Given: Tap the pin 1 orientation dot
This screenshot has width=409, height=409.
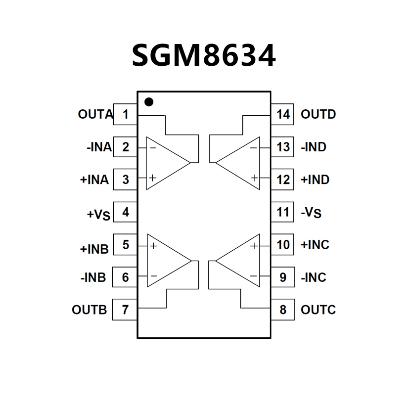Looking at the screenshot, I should pos(148,102).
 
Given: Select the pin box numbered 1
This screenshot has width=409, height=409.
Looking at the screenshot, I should pos(125,115).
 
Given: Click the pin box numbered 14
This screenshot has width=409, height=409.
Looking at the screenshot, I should pos(283,115).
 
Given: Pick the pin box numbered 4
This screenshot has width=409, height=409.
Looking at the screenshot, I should pos(125,212).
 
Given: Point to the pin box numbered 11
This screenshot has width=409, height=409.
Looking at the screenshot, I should pos(283,212).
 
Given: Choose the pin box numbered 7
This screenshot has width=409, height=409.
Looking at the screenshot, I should pos(125,310).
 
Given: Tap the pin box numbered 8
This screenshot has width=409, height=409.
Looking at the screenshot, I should pos(283,310).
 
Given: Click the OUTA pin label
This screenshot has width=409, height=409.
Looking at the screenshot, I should pos(95,115).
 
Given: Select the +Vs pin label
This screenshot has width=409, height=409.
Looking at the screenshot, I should pos(99,214).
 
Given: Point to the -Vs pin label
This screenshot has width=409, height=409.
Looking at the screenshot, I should pos(311,213).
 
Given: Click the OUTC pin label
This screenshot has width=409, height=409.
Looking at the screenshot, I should pos(318,310).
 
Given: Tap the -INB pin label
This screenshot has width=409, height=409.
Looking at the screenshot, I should pos(93,277).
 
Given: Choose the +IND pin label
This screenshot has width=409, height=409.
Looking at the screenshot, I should pos(315,180).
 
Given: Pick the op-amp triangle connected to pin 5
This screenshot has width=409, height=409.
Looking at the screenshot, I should pos(165,261).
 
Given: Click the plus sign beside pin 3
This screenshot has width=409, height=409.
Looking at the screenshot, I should pos(153,178).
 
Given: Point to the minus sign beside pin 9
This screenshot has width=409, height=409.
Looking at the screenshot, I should pos(254,276).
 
